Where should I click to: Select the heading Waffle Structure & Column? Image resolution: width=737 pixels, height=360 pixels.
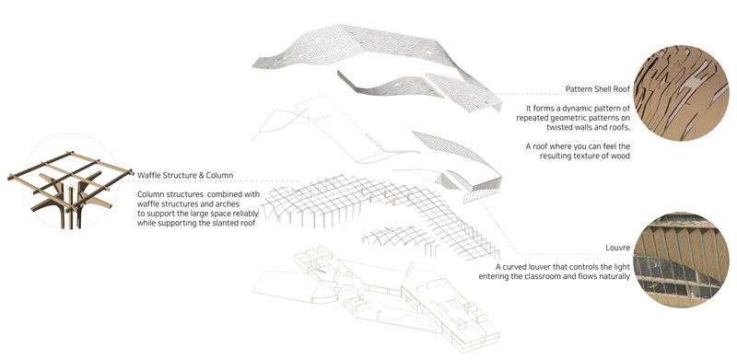pyautogui.click(x=185, y=175)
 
